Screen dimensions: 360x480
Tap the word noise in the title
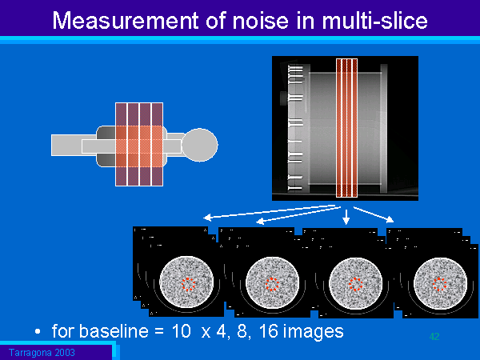252,21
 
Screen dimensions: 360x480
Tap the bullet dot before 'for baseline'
37,330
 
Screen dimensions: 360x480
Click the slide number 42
434,337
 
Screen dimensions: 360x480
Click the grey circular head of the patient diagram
199,145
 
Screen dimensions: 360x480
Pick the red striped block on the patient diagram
139,144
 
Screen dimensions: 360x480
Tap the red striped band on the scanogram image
346,128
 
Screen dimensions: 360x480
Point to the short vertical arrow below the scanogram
346,216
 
